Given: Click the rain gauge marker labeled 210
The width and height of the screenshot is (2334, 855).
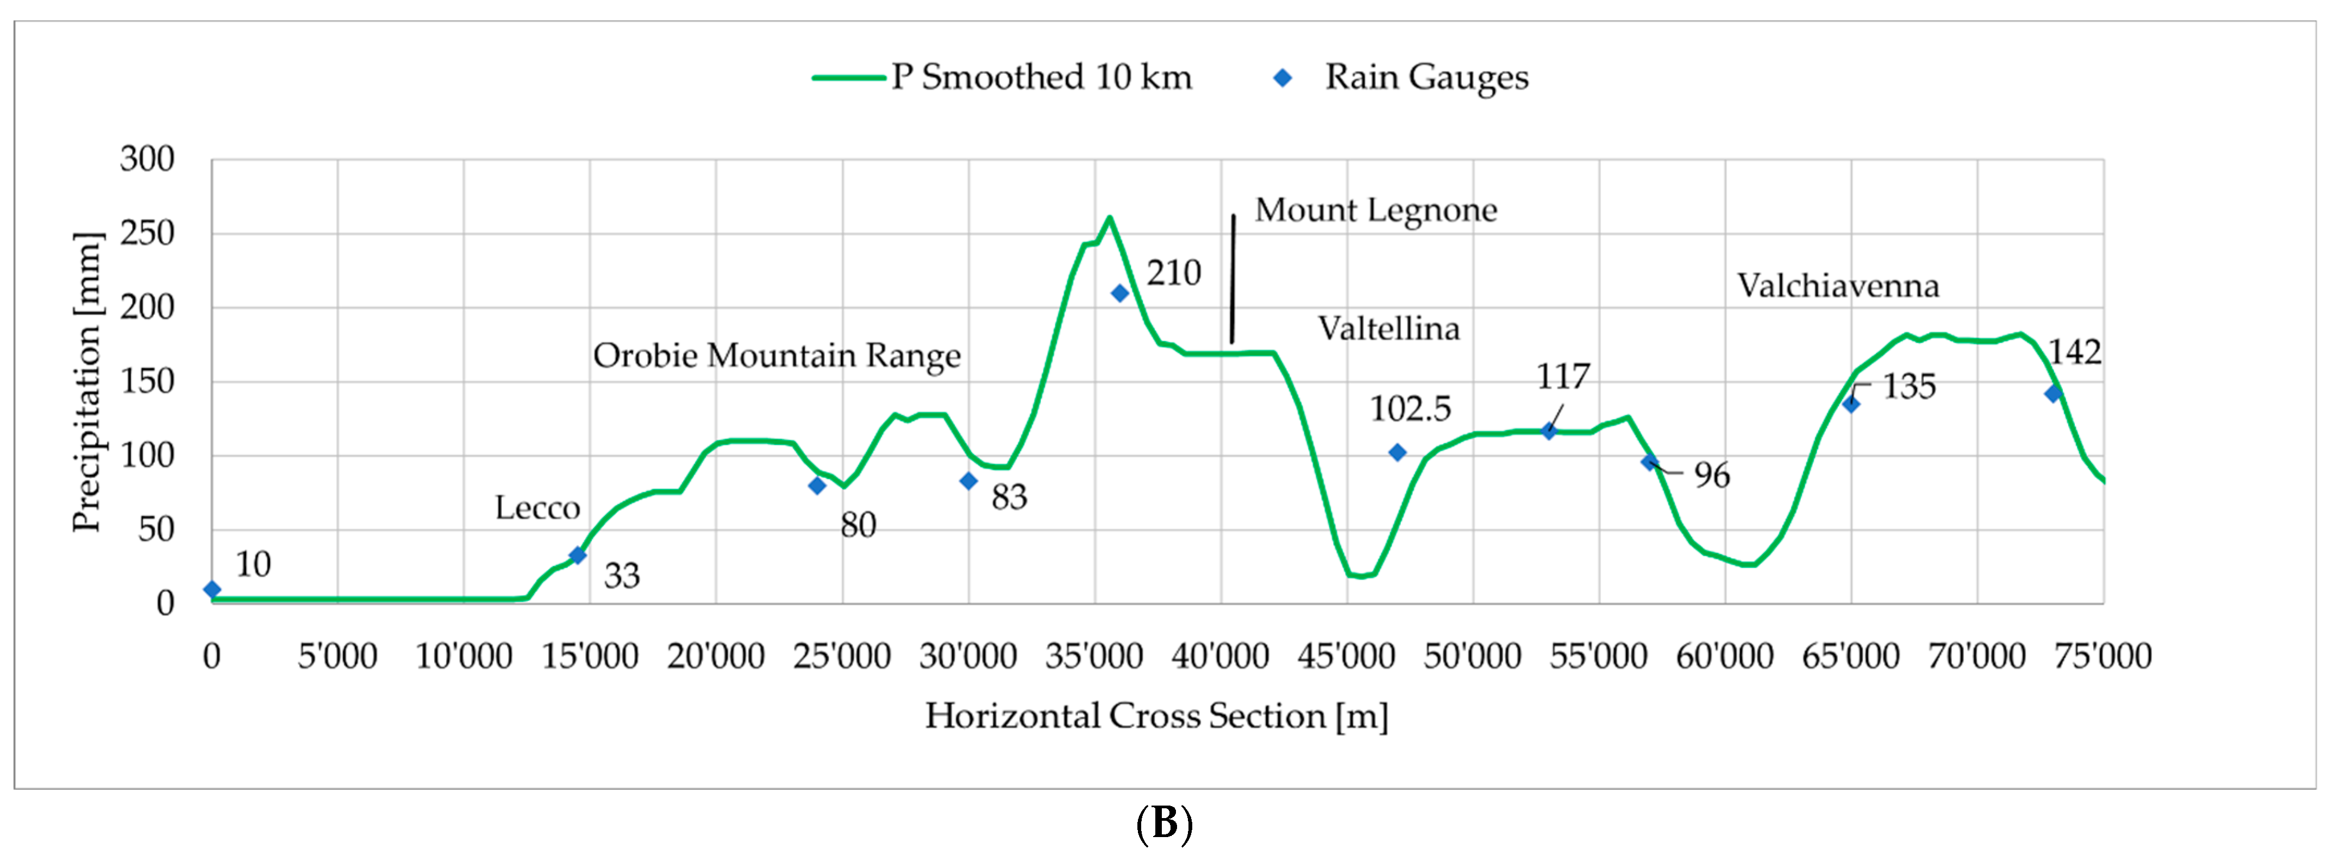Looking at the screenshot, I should click(x=1120, y=293).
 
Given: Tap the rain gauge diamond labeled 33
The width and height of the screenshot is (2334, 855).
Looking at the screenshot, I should click(x=577, y=555).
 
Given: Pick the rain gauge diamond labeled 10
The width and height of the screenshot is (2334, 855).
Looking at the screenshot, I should click(x=212, y=589).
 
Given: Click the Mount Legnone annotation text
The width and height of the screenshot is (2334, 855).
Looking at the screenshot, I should click(x=1375, y=210).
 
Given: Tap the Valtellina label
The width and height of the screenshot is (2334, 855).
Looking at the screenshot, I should click(x=1388, y=328).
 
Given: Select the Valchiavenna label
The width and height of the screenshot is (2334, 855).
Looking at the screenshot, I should click(x=1837, y=286).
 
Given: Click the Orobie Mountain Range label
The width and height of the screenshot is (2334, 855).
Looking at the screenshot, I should click(x=777, y=355).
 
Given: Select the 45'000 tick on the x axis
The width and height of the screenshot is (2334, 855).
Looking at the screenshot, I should click(x=1347, y=656).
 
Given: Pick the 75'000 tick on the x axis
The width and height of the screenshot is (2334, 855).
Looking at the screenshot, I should click(x=2102, y=656).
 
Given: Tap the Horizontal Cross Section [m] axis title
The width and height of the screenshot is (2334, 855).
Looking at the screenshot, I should click(x=1156, y=715).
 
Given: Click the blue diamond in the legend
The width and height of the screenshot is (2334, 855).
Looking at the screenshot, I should click(x=1282, y=78).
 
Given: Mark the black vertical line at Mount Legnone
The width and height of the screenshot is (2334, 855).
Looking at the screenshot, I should click(x=1232, y=279).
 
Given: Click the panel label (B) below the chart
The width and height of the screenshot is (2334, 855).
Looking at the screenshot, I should click(x=1163, y=824).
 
